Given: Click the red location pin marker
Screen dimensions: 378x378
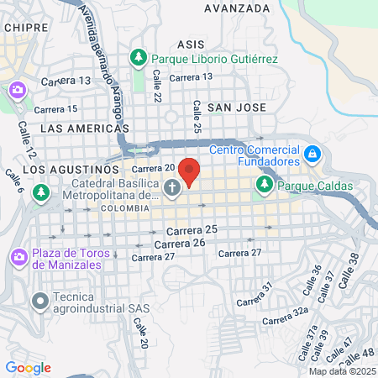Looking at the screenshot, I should (190, 171).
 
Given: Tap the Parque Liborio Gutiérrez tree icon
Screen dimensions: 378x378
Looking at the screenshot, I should (139, 59).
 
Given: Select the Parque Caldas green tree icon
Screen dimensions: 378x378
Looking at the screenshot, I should (265, 183).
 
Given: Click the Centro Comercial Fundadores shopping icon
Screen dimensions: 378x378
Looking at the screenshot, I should (312, 155).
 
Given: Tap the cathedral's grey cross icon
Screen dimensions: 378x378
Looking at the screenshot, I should (172, 188).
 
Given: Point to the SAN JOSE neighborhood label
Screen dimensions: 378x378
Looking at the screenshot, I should (236, 108).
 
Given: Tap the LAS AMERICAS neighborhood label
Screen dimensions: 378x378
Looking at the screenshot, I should (85, 129).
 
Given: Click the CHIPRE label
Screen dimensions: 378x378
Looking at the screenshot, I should (23, 27).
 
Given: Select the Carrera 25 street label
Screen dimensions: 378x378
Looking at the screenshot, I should (192, 229).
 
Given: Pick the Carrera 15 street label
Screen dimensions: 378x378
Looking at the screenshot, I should (55, 109).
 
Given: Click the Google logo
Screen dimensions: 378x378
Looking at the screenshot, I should (28, 368).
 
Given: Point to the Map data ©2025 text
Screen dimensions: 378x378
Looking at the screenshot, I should (341, 371).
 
